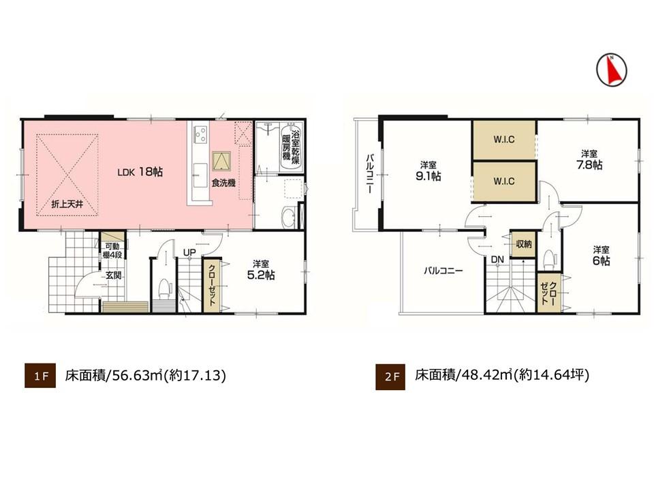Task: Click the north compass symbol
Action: click(612, 70)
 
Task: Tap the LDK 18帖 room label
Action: click(140, 172)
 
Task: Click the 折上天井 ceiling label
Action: click(67, 204)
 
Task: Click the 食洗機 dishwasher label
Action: click(223, 183)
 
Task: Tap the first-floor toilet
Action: click(165, 288)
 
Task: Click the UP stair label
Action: click(189, 252)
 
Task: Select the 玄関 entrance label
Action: click(113, 276)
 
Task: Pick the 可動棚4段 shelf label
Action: click(112, 250)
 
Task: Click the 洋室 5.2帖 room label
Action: click(261, 270)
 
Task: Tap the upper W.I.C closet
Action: click(504, 139)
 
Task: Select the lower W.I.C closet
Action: click(504, 181)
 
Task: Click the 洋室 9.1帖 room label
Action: click(428, 171)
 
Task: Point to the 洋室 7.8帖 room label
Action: click(589, 160)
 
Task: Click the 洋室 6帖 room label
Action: click(602, 256)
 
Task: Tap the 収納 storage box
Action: click(523, 243)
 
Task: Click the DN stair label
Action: click(497, 260)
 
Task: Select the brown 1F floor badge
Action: click(40, 376)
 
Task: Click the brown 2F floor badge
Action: click(390, 376)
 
